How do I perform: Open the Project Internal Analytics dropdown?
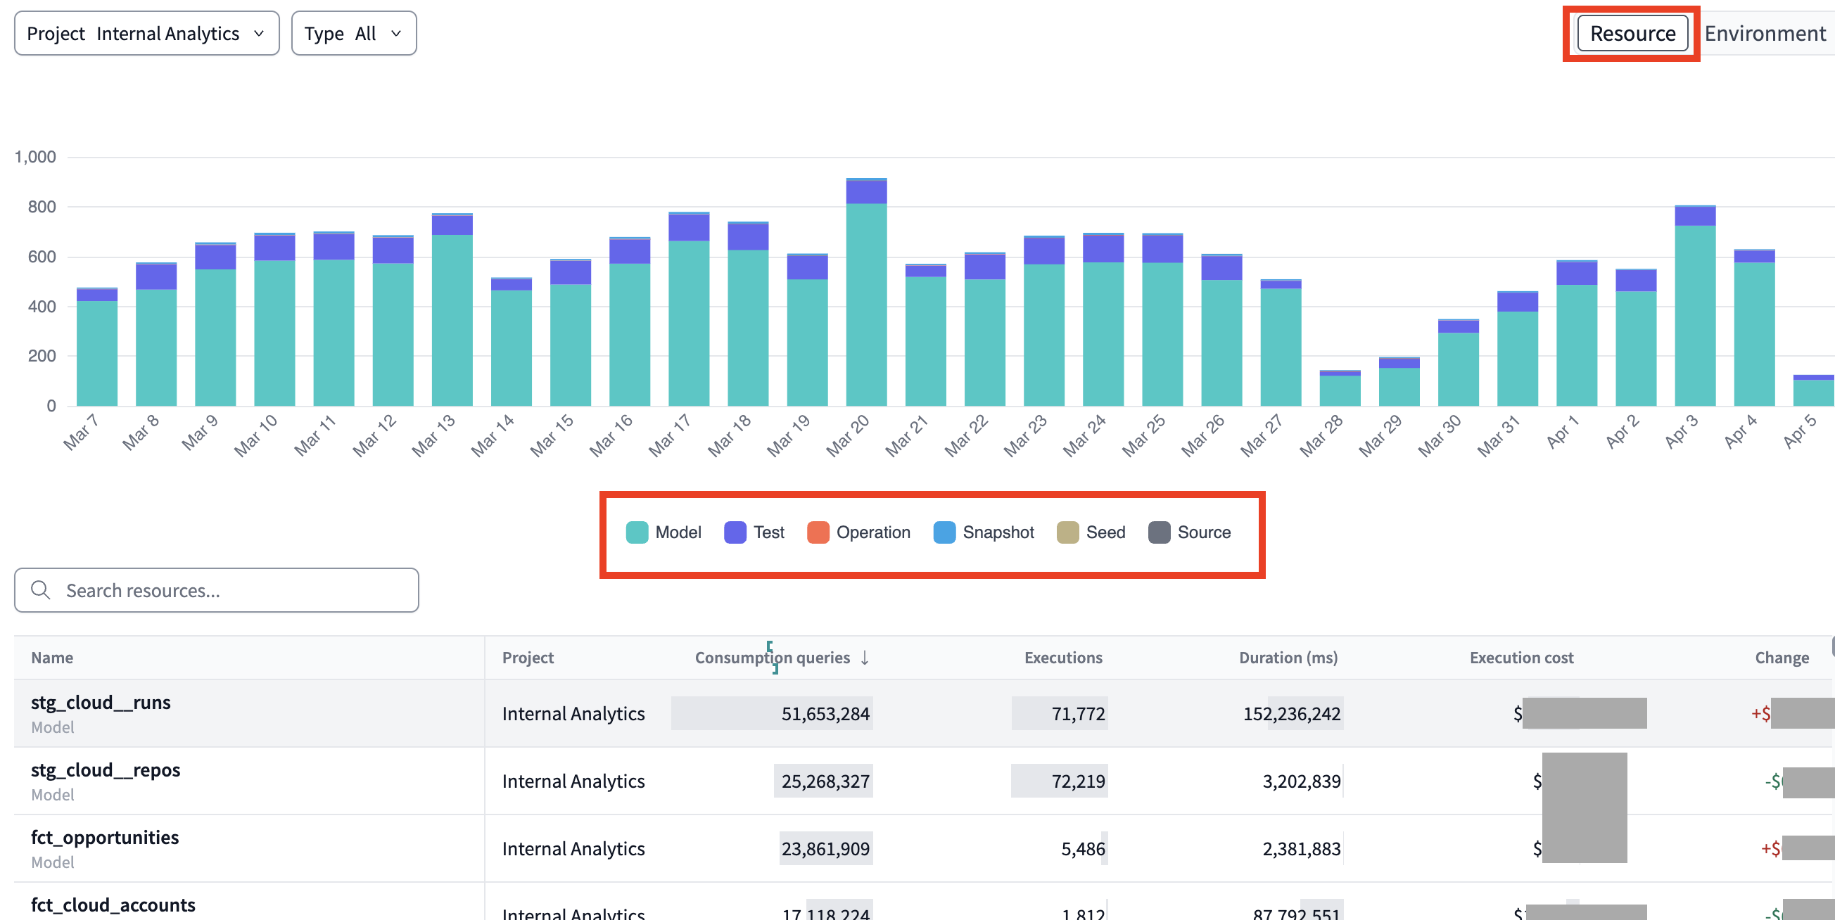click(x=146, y=34)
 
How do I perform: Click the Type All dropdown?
click(x=353, y=34)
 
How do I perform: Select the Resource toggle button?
click(x=1632, y=34)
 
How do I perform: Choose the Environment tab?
click(x=1765, y=34)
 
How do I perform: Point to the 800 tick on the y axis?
click(x=42, y=207)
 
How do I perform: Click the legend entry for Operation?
click(x=858, y=532)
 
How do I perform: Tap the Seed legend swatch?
click(x=1067, y=532)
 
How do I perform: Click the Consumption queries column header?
click(x=772, y=658)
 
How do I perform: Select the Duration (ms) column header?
click(x=1288, y=658)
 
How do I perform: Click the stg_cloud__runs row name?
click(x=101, y=703)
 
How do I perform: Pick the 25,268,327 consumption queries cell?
click(x=825, y=781)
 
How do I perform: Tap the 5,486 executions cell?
click(x=1083, y=849)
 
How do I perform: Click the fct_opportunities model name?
click(x=105, y=838)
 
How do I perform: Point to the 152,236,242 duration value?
click(x=1292, y=713)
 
